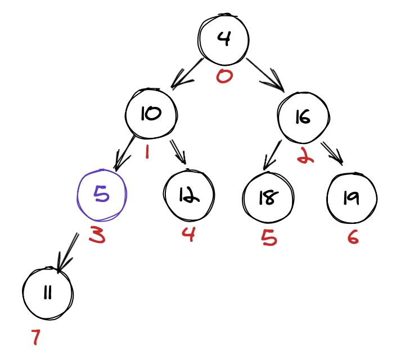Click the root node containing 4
click(x=223, y=39)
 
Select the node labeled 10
click(x=151, y=114)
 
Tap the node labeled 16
click(x=302, y=117)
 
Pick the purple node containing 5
click(x=102, y=195)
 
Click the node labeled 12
click(x=189, y=195)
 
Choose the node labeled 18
click(x=268, y=197)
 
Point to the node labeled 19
click(x=352, y=197)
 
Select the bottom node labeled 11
click(x=48, y=293)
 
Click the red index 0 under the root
click(x=224, y=75)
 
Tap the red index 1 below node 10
click(x=147, y=151)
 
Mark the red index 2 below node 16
click(x=305, y=155)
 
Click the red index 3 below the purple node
click(x=97, y=236)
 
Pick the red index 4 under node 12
click(x=188, y=233)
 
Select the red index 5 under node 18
click(x=269, y=238)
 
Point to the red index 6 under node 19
click(x=353, y=237)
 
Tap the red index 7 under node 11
click(x=36, y=337)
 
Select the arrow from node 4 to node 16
click(x=264, y=73)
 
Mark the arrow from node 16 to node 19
click(x=332, y=152)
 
